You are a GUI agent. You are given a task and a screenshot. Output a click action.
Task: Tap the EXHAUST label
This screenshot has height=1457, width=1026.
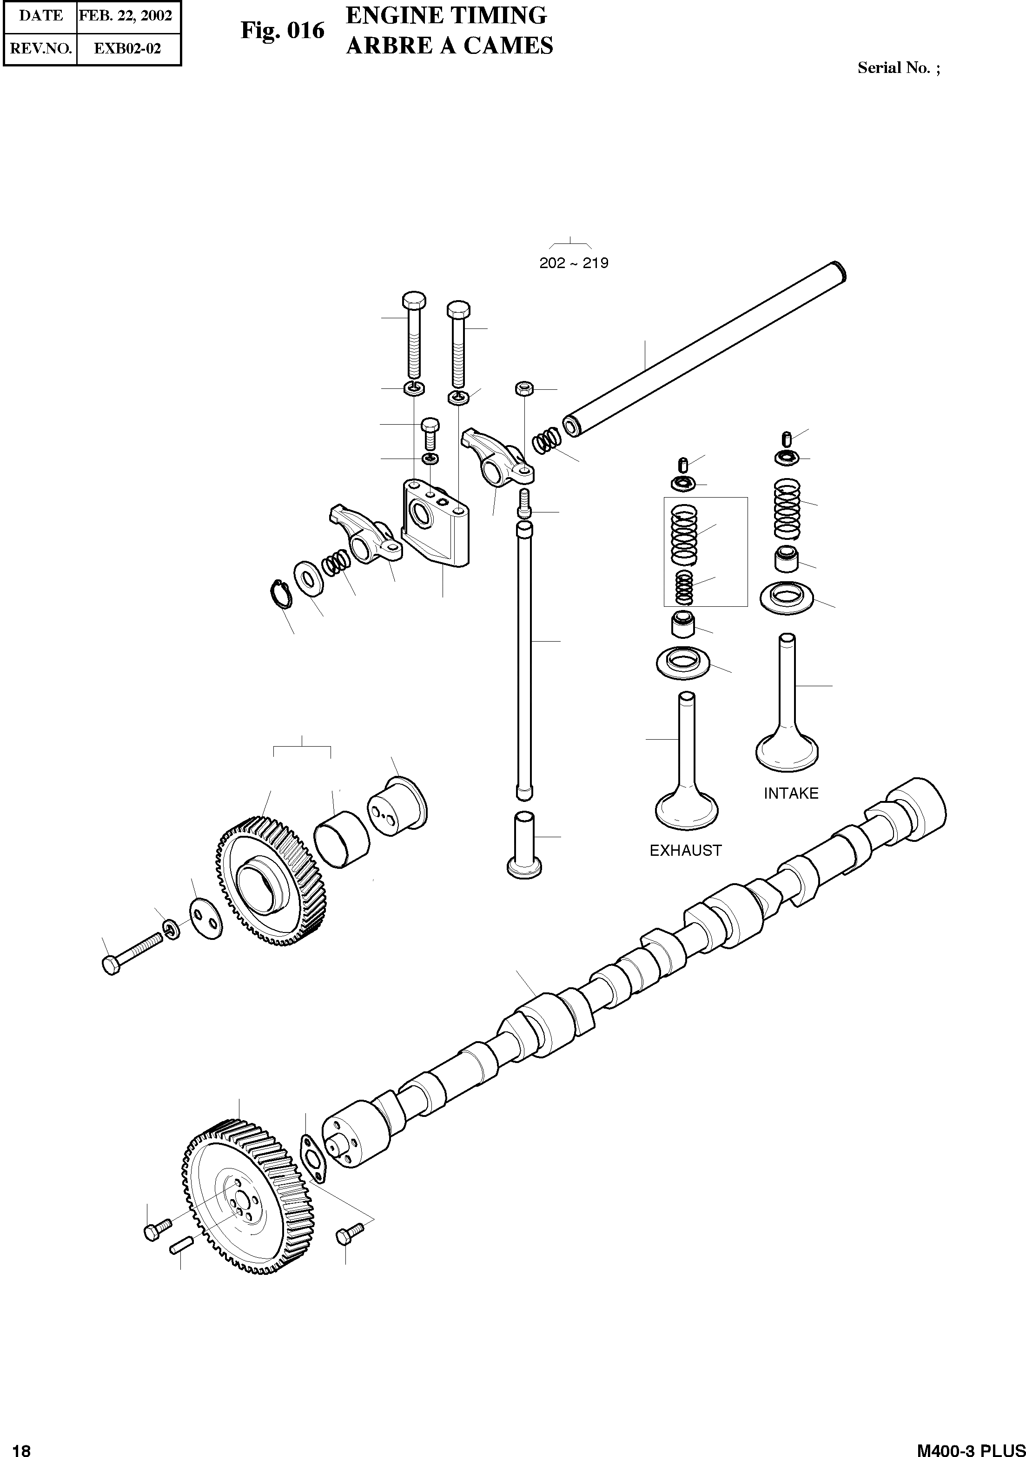[x=686, y=850]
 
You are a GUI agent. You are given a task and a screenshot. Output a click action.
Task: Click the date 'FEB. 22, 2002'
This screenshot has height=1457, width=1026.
[x=126, y=16]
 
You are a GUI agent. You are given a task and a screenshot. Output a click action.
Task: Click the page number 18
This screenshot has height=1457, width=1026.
[x=21, y=1449]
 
